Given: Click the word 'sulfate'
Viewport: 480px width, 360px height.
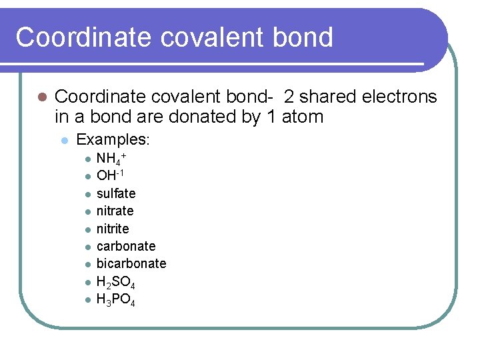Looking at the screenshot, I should pyautogui.click(x=116, y=193).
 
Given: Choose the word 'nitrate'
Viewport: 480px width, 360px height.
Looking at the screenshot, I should pyautogui.click(x=115, y=211).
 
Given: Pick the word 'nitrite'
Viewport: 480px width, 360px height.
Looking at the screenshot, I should pyautogui.click(x=113, y=229).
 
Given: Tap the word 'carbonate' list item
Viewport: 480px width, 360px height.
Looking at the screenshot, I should pyautogui.click(x=126, y=246).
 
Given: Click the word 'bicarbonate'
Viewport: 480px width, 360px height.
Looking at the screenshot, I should pyautogui.click(x=131, y=263).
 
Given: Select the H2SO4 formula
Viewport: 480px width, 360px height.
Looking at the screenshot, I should pyautogui.click(x=116, y=282).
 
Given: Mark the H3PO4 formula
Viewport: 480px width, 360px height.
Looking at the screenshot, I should pyautogui.click(x=116, y=299).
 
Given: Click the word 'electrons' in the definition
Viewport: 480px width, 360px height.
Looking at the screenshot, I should pyautogui.click(x=399, y=97).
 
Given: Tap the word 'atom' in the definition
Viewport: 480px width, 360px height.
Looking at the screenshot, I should pyautogui.click(x=302, y=117).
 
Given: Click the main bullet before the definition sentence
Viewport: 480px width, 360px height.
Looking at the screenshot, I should pyautogui.click(x=41, y=97).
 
